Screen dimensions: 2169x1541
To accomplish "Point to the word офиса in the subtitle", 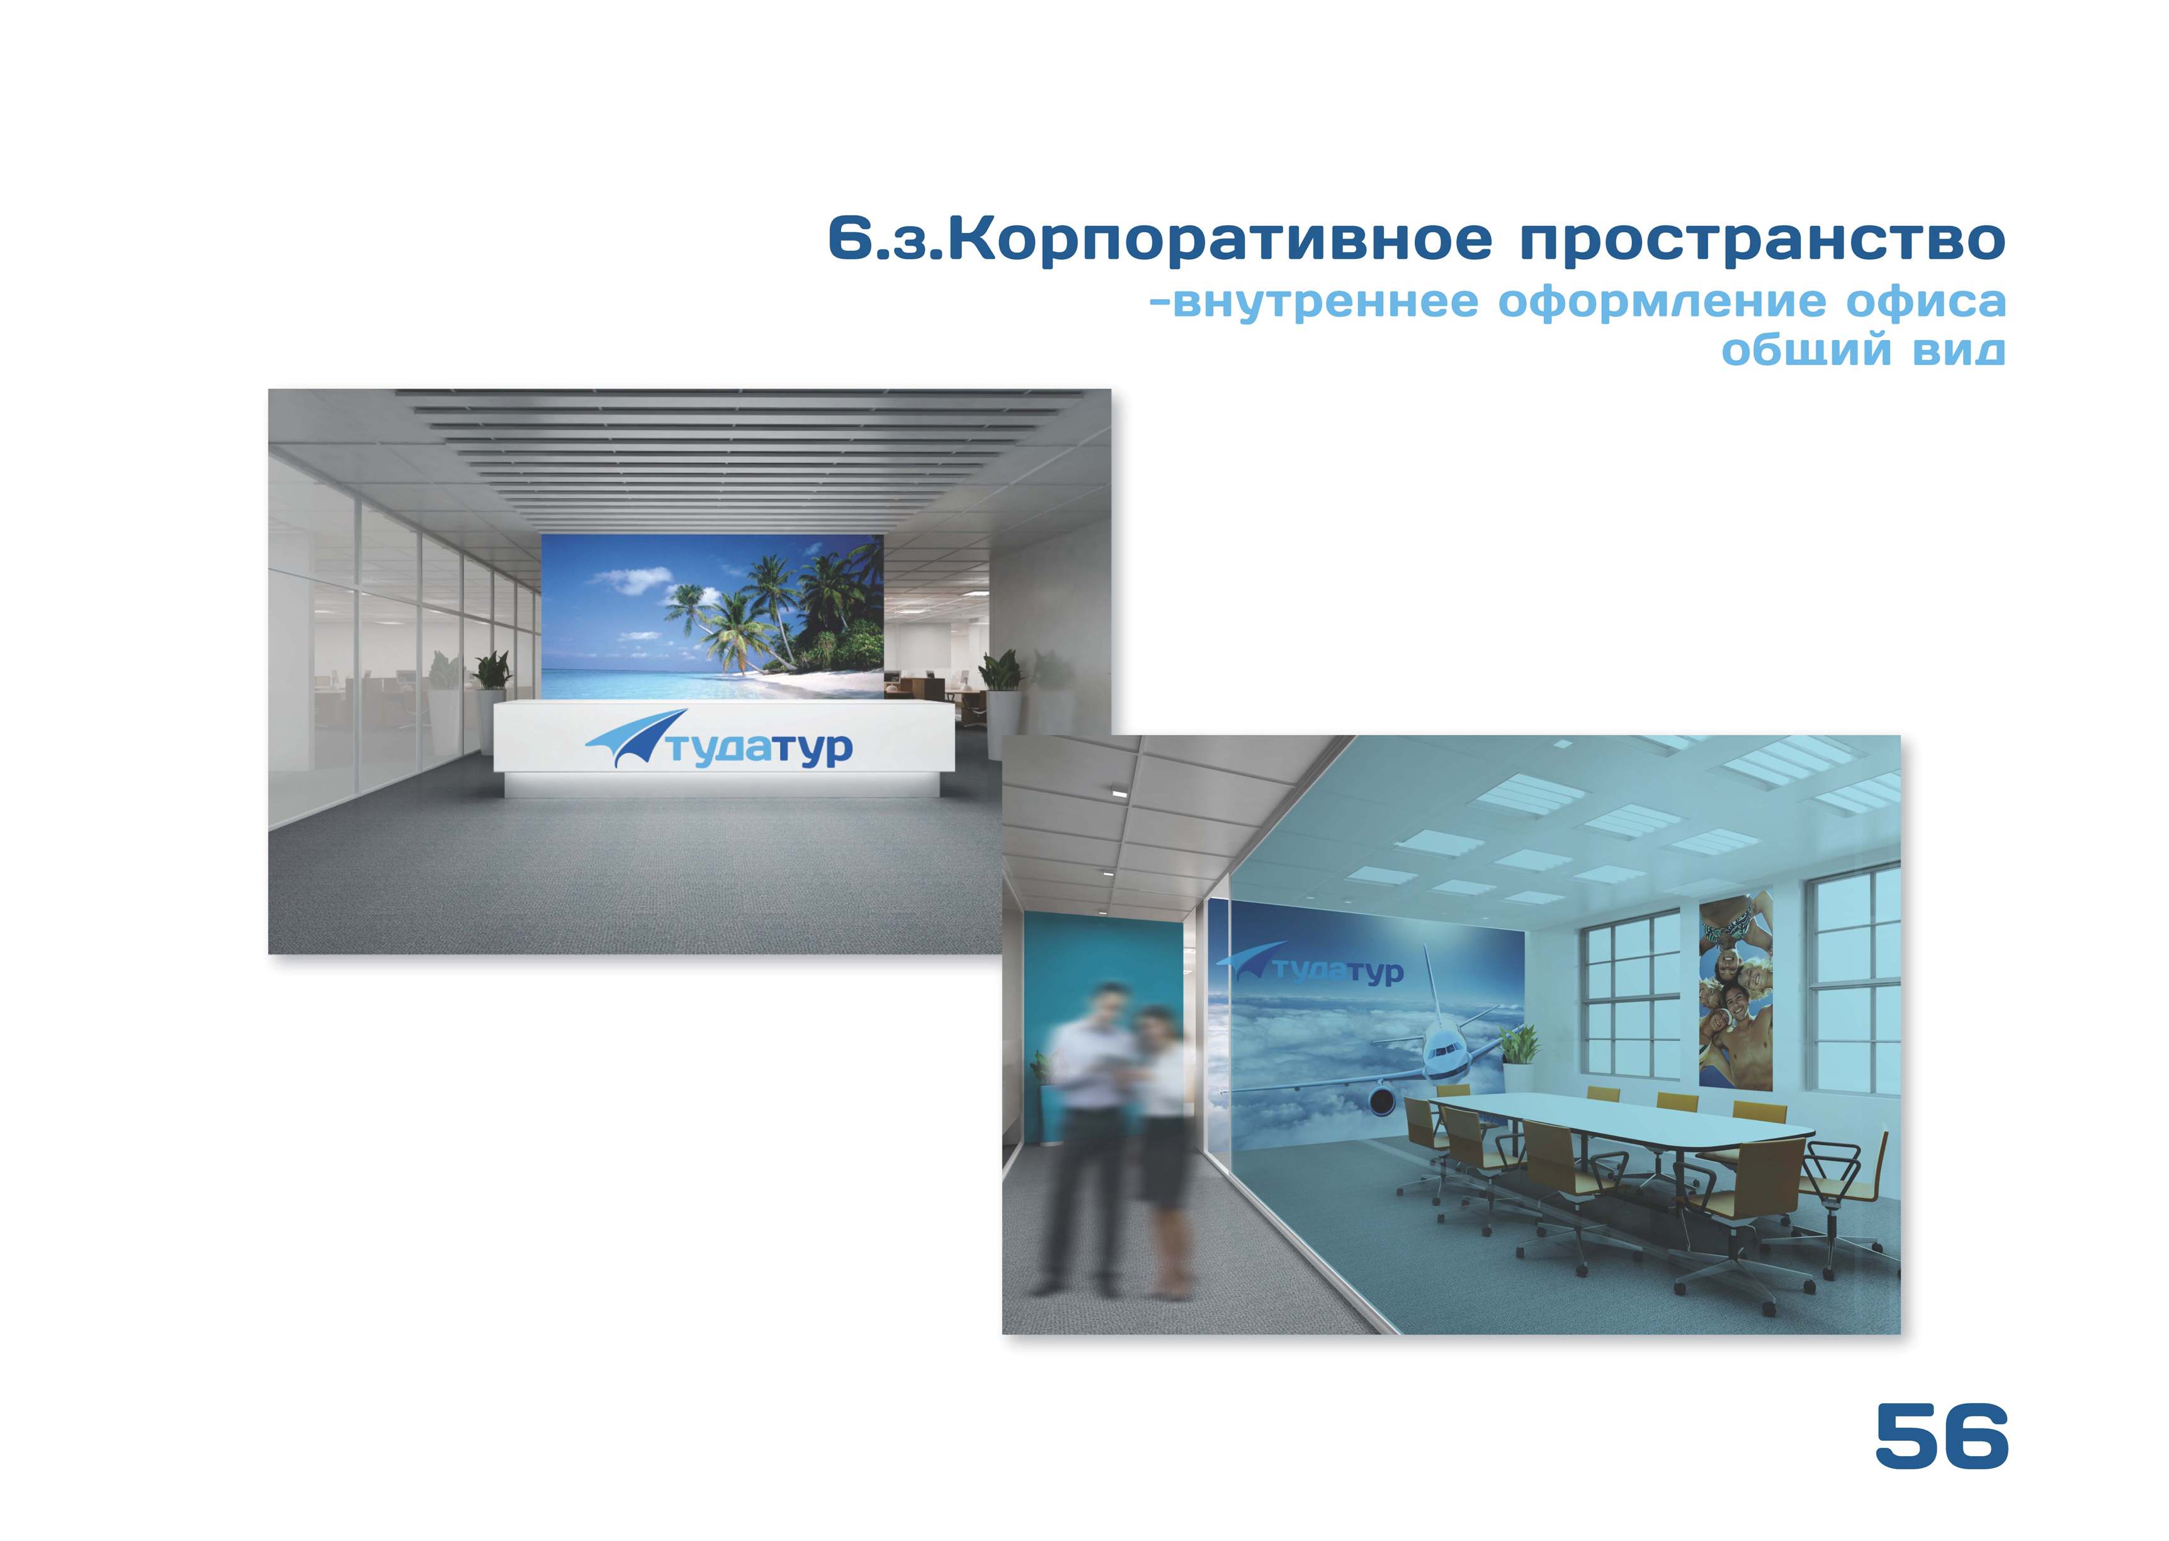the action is (1925, 302).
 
